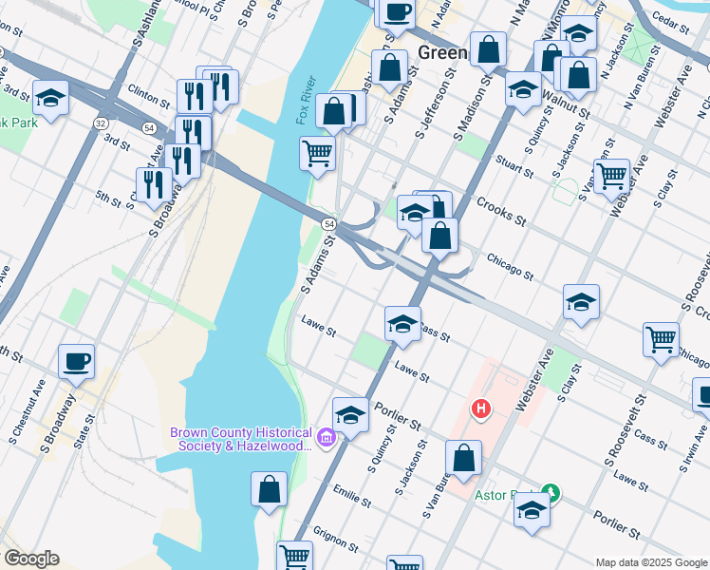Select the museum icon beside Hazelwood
327,437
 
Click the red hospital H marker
482,408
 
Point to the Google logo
31,559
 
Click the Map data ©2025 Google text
650,562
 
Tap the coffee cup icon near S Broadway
76,361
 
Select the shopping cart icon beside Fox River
318,152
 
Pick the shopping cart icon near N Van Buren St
611,176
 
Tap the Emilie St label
350,497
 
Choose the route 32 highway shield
100,123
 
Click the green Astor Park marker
550,493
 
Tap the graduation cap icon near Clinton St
50,97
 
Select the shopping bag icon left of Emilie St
270,489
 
